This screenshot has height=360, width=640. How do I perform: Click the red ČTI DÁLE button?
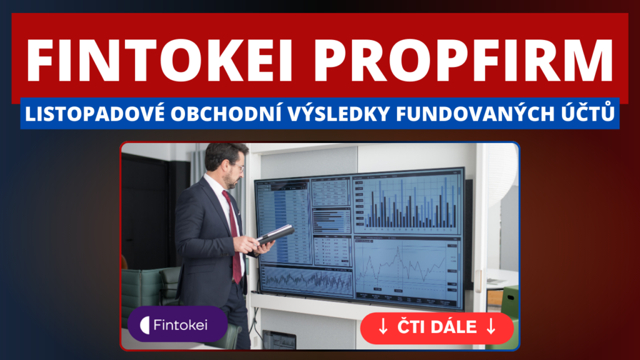(x=437, y=327)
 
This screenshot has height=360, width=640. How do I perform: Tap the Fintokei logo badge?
(x=177, y=324)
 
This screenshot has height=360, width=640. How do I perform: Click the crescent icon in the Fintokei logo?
(x=144, y=325)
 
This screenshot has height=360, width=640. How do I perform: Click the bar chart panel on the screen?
(x=407, y=201)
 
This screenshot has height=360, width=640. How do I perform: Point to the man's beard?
(x=232, y=181)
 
